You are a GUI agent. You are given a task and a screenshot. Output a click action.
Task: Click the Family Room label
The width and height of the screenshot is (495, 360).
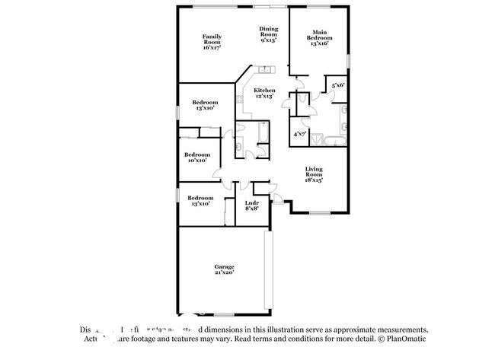coord(212,42)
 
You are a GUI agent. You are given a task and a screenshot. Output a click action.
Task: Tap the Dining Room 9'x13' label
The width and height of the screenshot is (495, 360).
coord(268,33)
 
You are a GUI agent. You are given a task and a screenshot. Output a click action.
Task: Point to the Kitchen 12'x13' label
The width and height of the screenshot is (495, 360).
coord(264,94)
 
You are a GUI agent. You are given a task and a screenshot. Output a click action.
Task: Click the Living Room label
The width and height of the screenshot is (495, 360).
coord(315,174)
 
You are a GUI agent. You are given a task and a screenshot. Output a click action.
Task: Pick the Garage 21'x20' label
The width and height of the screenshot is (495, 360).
coord(224,269)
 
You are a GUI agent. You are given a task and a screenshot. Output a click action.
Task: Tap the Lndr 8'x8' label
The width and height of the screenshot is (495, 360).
coord(251,205)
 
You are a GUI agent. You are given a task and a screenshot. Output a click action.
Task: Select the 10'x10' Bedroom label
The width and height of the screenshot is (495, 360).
coord(198,158)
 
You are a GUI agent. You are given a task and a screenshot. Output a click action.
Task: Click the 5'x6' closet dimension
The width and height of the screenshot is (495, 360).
coord(337,85)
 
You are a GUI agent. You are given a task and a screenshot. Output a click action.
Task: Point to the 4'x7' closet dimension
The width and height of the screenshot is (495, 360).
coord(301,134)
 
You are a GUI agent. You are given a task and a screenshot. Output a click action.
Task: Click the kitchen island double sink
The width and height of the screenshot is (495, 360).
coord(267,71)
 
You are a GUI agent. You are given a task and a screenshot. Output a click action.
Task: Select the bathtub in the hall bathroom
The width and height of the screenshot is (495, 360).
coord(263,135)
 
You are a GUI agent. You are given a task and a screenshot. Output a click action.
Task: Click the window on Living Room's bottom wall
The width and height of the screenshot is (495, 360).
coord(318,212)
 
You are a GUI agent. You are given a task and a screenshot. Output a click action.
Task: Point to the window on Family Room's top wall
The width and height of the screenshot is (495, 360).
coord(212,7)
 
